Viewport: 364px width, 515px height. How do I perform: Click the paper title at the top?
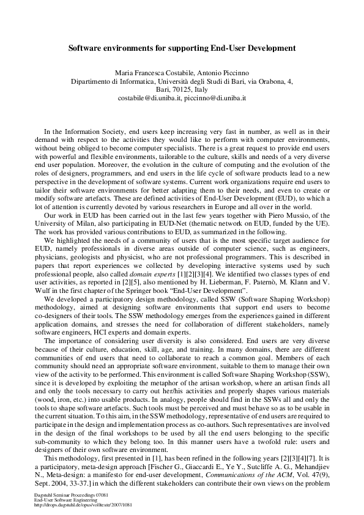click(x=182, y=46)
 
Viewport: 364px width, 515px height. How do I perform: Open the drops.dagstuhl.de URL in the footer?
click(x=83, y=505)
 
